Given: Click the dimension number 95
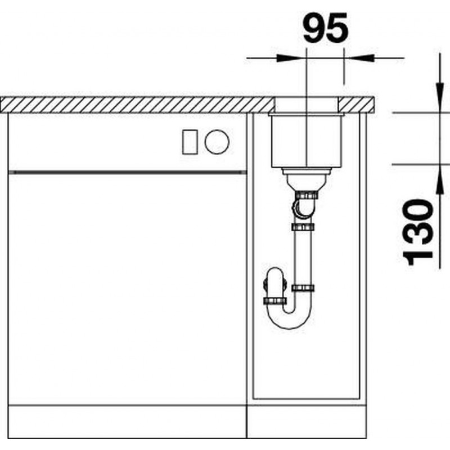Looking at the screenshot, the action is point(326,27).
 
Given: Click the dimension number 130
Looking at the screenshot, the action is point(418,233).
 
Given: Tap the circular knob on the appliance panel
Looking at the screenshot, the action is point(217,142).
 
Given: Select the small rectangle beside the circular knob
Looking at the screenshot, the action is point(190,142).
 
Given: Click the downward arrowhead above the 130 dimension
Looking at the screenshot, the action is point(440,97).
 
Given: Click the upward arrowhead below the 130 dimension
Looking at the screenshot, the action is point(440,180).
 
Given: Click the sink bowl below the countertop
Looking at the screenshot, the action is point(306,140).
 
